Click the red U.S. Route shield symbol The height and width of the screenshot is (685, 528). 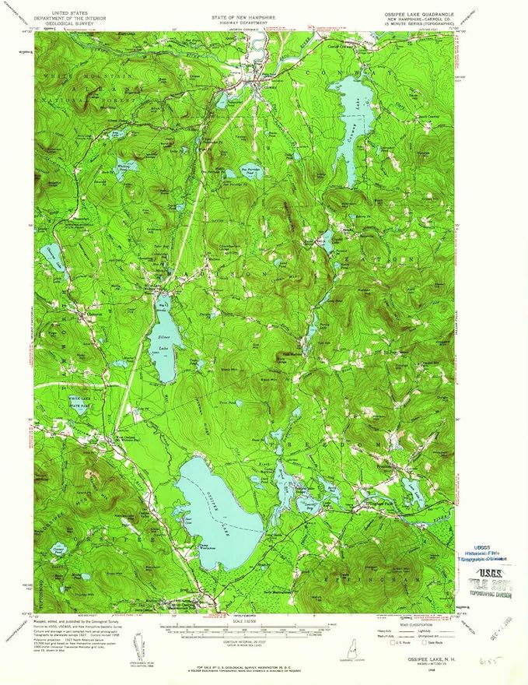(x=393, y=643)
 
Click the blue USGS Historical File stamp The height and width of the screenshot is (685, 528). (x=485, y=553)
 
